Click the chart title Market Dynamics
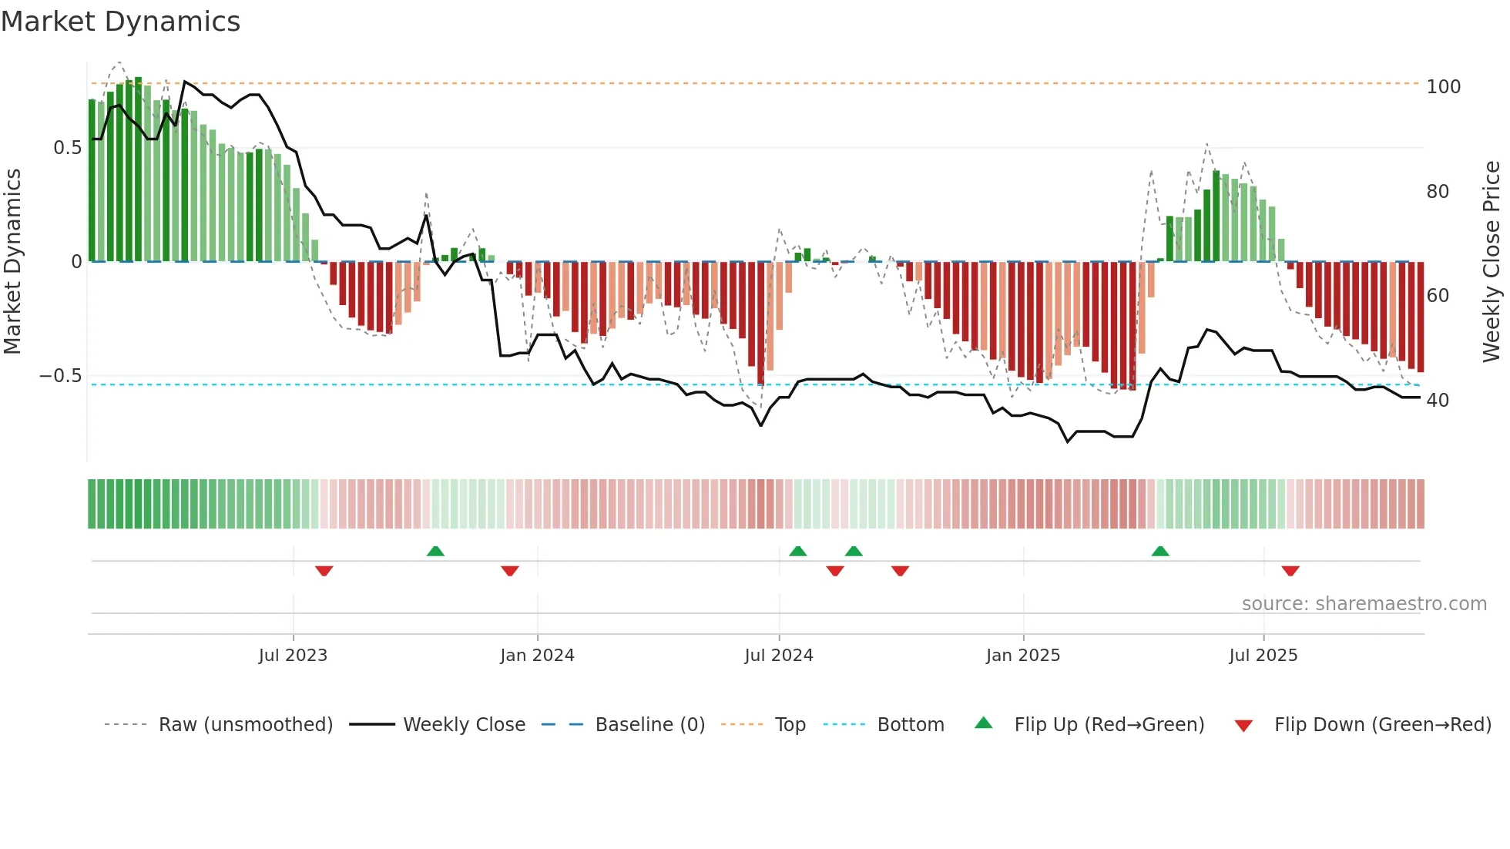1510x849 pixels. point(120,22)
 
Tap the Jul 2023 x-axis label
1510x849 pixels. point(293,656)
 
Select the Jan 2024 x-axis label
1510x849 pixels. point(537,656)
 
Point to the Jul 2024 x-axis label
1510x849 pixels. point(778,656)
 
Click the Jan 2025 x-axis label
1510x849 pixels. point(1022,656)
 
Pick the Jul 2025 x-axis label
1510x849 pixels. point(1263,656)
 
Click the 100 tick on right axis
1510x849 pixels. point(1443,87)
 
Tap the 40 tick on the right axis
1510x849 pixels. point(1438,401)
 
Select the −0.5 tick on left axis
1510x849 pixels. point(60,376)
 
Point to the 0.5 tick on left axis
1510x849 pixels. point(67,148)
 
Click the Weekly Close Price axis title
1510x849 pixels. point(1492,262)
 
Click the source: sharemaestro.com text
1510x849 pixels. point(1364,604)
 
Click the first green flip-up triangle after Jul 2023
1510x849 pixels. point(435,551)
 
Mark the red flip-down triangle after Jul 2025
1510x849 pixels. point(1290,571)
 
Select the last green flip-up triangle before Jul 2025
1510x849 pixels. point(1160,551)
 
